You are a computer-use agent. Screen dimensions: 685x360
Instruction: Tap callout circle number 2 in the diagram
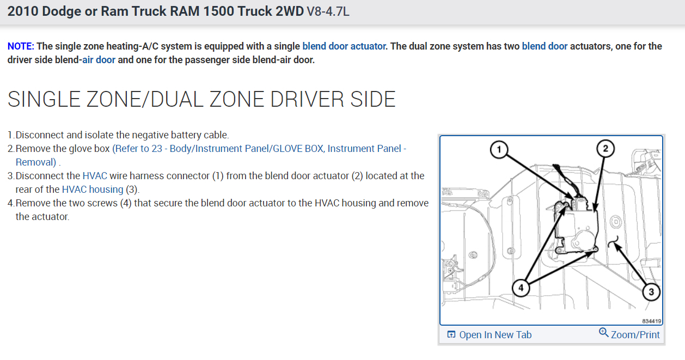(605, 148)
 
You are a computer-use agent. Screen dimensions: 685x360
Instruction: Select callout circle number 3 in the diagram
(651, 292)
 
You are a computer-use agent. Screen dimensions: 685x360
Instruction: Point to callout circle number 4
(521, 288)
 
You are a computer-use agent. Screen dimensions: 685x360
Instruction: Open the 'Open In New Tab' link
(495, 335)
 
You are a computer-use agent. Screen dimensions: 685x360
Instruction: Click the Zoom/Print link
(635, 335)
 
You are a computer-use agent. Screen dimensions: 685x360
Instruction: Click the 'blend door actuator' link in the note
(344, 46)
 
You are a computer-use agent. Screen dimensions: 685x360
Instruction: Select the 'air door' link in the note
(99, 60)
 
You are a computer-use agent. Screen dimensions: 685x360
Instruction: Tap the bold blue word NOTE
(21, 46)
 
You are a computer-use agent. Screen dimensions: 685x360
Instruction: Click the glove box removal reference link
(259, 149)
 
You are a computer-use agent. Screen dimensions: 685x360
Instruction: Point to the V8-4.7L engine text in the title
(328, 11)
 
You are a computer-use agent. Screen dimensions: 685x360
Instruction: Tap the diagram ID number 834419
(651, 321)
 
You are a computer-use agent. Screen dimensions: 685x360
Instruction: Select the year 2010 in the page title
(22, 11)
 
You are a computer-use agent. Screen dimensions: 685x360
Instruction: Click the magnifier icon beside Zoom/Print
(603, 332)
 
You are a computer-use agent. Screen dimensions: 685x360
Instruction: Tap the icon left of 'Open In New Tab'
(451, 335)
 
